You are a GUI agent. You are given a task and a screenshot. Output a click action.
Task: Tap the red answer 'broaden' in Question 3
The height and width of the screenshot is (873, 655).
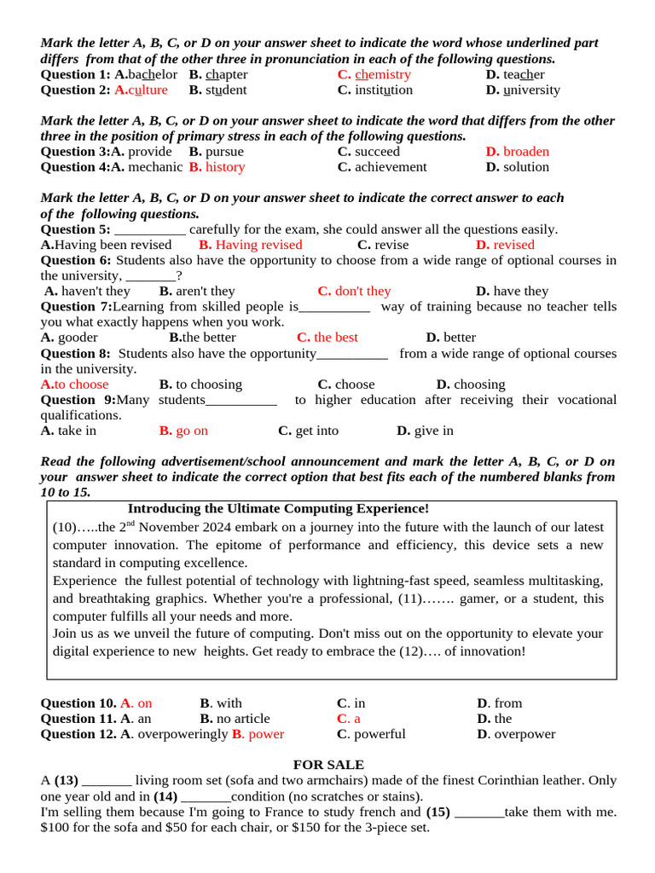click(525, 152)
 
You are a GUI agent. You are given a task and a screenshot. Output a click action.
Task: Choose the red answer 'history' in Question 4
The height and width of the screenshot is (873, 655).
click(225, 167)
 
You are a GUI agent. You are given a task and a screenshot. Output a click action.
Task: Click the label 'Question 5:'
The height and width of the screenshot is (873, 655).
click(76, 229)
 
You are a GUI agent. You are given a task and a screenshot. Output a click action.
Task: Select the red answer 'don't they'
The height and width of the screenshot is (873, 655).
click(362, 292)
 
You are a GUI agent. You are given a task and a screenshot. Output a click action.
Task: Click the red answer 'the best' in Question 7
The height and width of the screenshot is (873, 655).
click(336, 338)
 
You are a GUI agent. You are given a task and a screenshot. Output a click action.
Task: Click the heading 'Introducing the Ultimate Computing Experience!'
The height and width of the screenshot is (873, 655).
click(278, 509)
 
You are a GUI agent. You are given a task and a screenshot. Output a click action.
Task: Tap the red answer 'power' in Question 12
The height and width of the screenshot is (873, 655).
click(265, 734)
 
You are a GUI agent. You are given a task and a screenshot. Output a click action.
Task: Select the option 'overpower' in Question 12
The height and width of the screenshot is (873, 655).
click(525, 734)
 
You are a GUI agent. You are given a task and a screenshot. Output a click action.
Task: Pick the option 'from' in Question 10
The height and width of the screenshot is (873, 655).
click(507, 703)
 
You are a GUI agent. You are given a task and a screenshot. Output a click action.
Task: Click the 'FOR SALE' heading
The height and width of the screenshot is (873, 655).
click(328, 765)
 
